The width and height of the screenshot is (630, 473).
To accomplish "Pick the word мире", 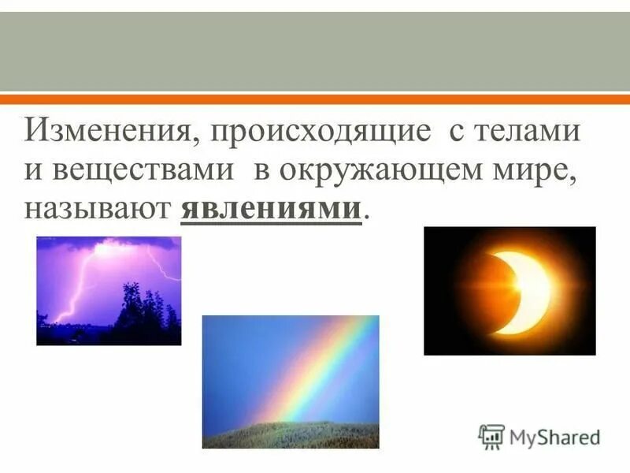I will (x=544, y=170).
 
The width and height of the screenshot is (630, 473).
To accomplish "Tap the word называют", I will (x=98, y=210).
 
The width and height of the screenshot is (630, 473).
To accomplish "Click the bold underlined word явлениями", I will (x=272, y=210).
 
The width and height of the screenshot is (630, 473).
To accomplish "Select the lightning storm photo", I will (x=109, y=290).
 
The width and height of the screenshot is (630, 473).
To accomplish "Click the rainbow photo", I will (x=291, y=382).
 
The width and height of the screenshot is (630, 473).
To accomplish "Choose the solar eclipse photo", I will (x=510, y=290).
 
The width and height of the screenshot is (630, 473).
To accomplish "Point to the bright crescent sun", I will (x=526, y=292).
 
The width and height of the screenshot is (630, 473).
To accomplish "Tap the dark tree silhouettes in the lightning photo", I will (x=142, y=319).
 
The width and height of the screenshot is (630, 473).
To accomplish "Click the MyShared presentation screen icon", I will (x=491, y=436).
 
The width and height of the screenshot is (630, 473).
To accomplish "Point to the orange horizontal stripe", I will (x=315, y=99).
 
